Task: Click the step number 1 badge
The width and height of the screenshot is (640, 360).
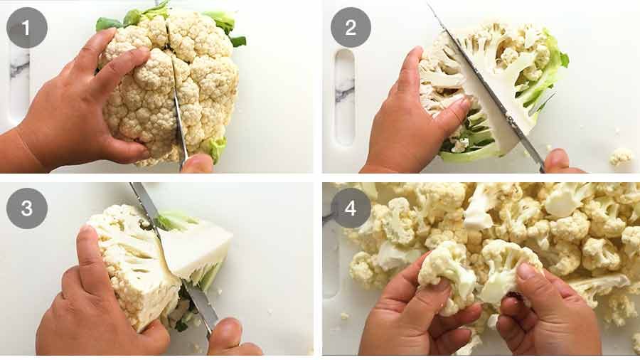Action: click(x=27, y=28)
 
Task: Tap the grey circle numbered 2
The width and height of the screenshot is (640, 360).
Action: click(x=351, y=28)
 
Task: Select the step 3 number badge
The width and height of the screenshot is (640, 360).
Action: click(x=27, y=208)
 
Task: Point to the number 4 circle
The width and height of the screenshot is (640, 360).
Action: click(x=351, y=208)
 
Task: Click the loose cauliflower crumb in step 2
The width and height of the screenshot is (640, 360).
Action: click(x=622, y=156)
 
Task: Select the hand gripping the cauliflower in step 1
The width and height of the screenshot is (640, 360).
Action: click(x=78, y=114)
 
